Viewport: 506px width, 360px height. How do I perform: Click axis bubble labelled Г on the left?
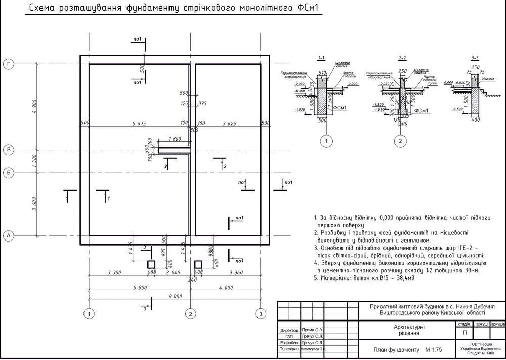(9, 64)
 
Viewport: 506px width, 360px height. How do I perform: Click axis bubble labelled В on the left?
(9, 150)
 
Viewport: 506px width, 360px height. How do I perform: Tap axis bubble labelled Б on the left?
(9, 173)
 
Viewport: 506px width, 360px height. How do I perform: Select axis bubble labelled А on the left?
(9, 236)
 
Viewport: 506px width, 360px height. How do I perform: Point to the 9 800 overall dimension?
(175, 297)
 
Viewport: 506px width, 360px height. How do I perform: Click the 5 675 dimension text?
(140, 123)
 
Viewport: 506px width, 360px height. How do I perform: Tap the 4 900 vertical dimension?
(34, 106)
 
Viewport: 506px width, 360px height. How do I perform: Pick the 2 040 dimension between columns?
(173, 273)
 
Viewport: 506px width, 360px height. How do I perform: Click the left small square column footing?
(151, 264)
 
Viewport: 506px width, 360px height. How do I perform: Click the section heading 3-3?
(475, 57)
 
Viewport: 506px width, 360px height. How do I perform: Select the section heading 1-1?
(320, 57)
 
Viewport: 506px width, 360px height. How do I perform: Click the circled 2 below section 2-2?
(401, 141)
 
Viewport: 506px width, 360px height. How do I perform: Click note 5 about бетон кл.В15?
(361, 278)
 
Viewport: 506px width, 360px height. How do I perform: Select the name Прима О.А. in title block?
(312, 330)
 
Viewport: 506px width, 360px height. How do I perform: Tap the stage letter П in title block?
(465, 333)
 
